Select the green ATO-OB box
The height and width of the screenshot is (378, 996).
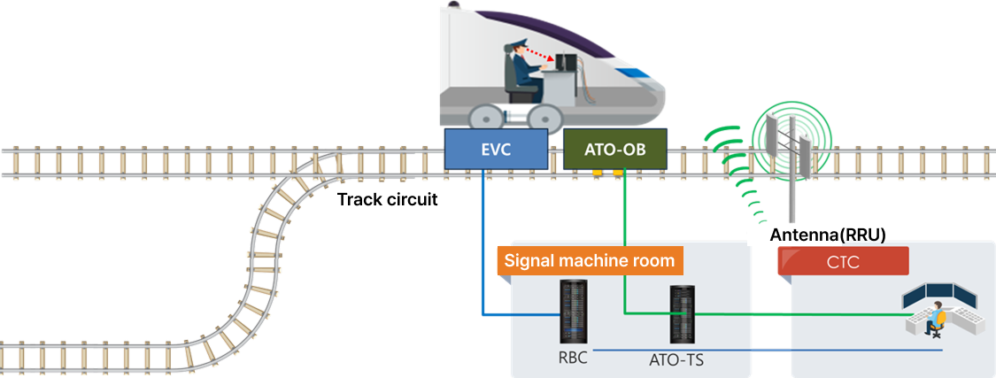coord(615,150)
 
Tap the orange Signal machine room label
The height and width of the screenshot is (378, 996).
coord(589,261)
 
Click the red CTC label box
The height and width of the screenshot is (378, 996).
coord(843,261)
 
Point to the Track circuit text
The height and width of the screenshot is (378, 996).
coord(388,200)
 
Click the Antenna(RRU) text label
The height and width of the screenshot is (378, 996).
coord(828,235)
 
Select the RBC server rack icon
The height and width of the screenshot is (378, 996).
coord(574,312)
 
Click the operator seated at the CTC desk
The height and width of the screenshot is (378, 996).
coord(934,319)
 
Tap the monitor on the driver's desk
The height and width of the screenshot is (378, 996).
coord(565,64)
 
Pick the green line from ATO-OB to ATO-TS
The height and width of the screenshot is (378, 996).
coord(624,248)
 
